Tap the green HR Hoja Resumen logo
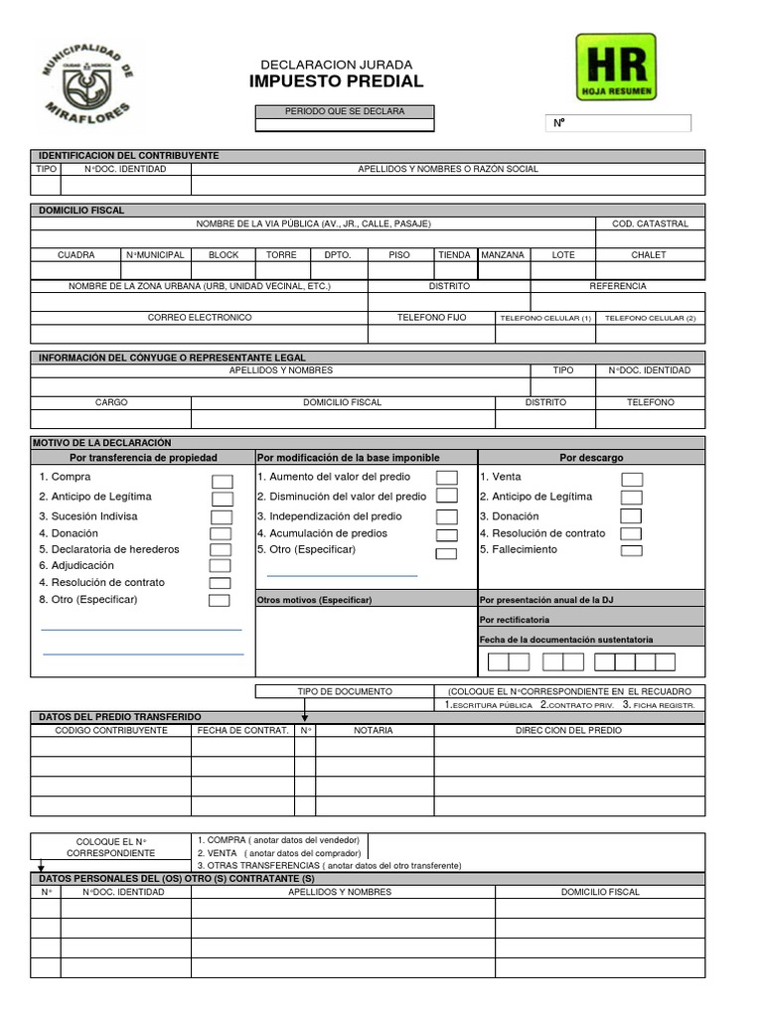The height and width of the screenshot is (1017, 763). [x=616, y=67]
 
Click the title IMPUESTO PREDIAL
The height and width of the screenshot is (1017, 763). [x=336, y=81]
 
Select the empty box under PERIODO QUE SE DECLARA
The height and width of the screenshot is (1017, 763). [x=345, y=126]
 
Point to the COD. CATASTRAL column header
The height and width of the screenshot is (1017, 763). [x=650, y=224]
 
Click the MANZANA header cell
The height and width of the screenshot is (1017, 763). [x=503, y=255]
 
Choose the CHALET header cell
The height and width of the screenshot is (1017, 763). [x=650, y=255]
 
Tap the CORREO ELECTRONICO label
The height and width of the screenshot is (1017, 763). [x=200, y=318]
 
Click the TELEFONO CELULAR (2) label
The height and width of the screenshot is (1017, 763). [x=650, y=318]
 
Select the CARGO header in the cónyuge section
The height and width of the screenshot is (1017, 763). [x=111, y=402]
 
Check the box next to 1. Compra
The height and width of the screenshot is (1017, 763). [x=222, y=482]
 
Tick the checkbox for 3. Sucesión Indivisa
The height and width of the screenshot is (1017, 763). [x=221, y=517]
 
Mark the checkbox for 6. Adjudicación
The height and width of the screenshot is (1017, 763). [x=220, y=566]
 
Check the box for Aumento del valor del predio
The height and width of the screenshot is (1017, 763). [x=447, y=479]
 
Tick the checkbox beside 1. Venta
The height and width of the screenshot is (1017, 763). [x=632, y=480]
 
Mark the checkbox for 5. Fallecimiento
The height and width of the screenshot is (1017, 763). [x=631, y=550]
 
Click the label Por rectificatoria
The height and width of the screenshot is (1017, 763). [x=514, y=620]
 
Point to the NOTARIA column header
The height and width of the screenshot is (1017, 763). [x=374, y=730]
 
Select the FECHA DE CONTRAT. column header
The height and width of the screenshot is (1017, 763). [x=242, y=730]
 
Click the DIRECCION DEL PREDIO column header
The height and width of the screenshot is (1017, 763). [x=569, y=730]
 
